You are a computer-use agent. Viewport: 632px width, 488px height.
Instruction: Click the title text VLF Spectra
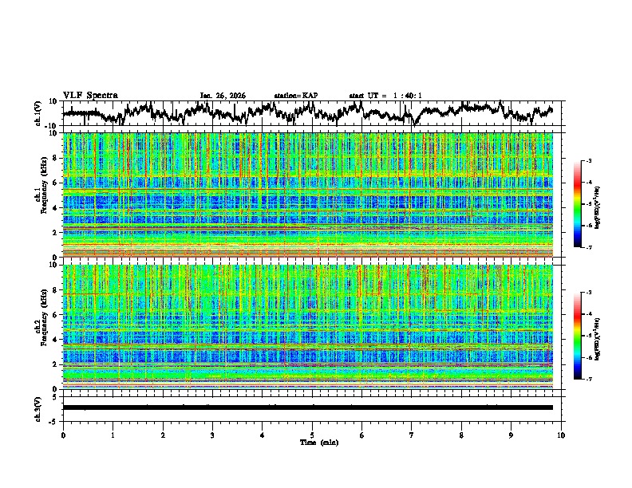pyautogui.click(x=90, y=96)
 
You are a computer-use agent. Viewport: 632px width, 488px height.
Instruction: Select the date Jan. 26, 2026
pyautogui.click(x=223, y=96)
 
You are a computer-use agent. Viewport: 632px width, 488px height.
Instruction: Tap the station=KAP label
pyautogui.click(x=295, y=96)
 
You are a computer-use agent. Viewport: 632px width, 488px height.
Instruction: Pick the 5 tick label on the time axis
pyautogui.click(x=312, y=435)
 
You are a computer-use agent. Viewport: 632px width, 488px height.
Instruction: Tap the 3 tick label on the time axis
pyautogui.click(x=212, y=435)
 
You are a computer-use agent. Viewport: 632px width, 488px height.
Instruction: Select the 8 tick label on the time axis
pyautogui.click(x=461, y=435)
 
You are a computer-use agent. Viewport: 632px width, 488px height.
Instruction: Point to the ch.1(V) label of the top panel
pyautogui.click(x=39, y=114)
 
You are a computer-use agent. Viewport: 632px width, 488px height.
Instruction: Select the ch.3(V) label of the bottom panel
pyautogui.click(x=39, y=407)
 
